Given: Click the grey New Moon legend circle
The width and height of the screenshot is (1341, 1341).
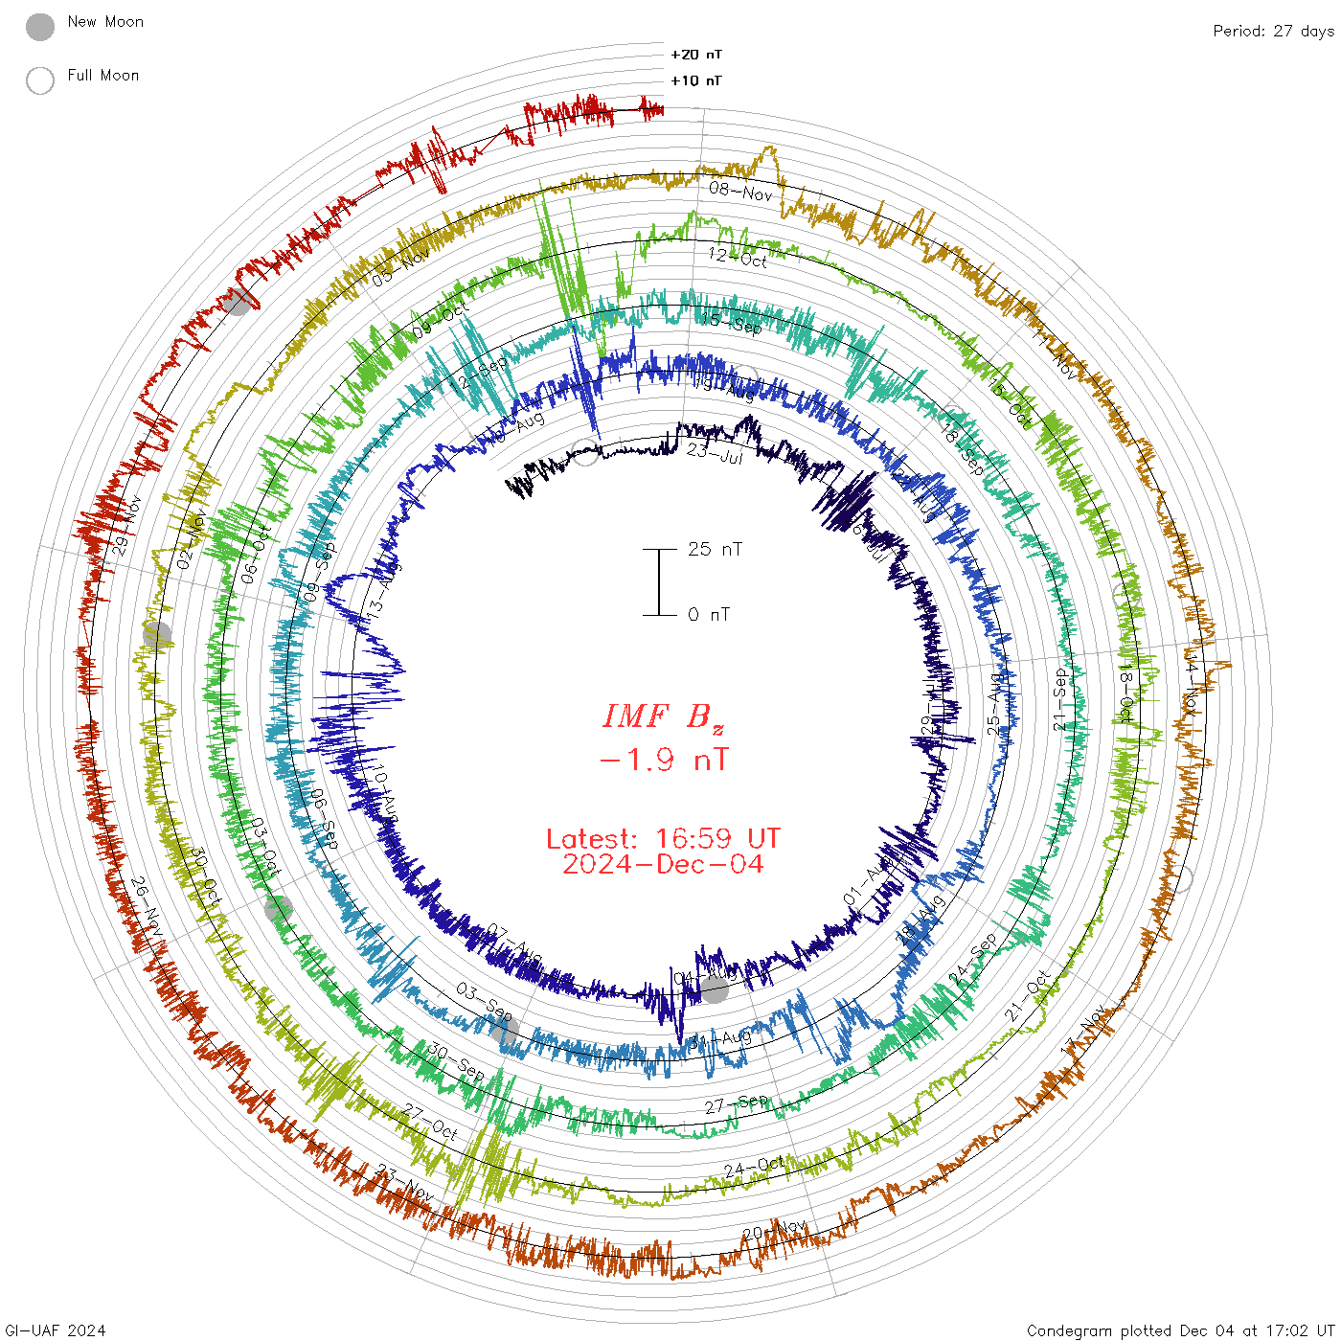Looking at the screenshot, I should pyautogui.click(x=40, y=27).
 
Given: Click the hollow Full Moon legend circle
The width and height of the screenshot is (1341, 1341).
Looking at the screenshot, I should pyautogui.click(x=40, y=80).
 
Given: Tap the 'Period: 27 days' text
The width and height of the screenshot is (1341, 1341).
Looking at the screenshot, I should pyautogui.click(x=1273, y=31).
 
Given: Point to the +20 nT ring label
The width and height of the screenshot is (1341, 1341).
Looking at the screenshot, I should pyautogui.click(x=696, y=55).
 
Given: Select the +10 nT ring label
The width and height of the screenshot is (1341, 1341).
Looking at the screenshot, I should pyautogui.click(x=696, y=80).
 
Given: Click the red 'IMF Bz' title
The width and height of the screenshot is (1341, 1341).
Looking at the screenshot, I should pyautogui.click(x=663, y=716).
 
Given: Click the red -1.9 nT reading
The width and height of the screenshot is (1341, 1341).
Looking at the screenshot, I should pyautogui.click(x=663, y=761).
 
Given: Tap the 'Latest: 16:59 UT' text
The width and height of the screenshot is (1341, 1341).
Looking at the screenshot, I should pyautogui.click(x=663, y=839).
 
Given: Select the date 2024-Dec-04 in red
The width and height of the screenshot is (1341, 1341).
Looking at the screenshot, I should pyautogui.click(x=663, y=864).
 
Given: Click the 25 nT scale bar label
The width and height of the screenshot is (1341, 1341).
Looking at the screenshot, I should pyautogui.click(x=715, y=549).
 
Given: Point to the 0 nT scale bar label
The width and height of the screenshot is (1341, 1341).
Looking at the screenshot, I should pyautogui.click(x=709, y=614).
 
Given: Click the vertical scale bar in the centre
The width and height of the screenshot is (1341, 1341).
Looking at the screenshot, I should pyautogui.click(x=659, y=581).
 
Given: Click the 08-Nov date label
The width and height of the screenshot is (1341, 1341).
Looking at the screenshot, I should pyautogui.click(x=740, y=192).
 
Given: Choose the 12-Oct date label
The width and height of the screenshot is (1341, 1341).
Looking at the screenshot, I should pyautogui.click(x=738, y=257).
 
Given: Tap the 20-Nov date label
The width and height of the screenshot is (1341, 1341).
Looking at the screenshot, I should pyautogui.click(x=775, y=1230).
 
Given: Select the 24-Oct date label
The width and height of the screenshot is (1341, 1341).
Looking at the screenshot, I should pyautogui.click(x=754, y=1168).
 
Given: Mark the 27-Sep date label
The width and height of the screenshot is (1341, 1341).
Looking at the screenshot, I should pyautogui.click(x=737, y=1103).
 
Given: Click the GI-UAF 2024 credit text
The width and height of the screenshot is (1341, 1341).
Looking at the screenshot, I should pyautogui.click(x=55, y=1330).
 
